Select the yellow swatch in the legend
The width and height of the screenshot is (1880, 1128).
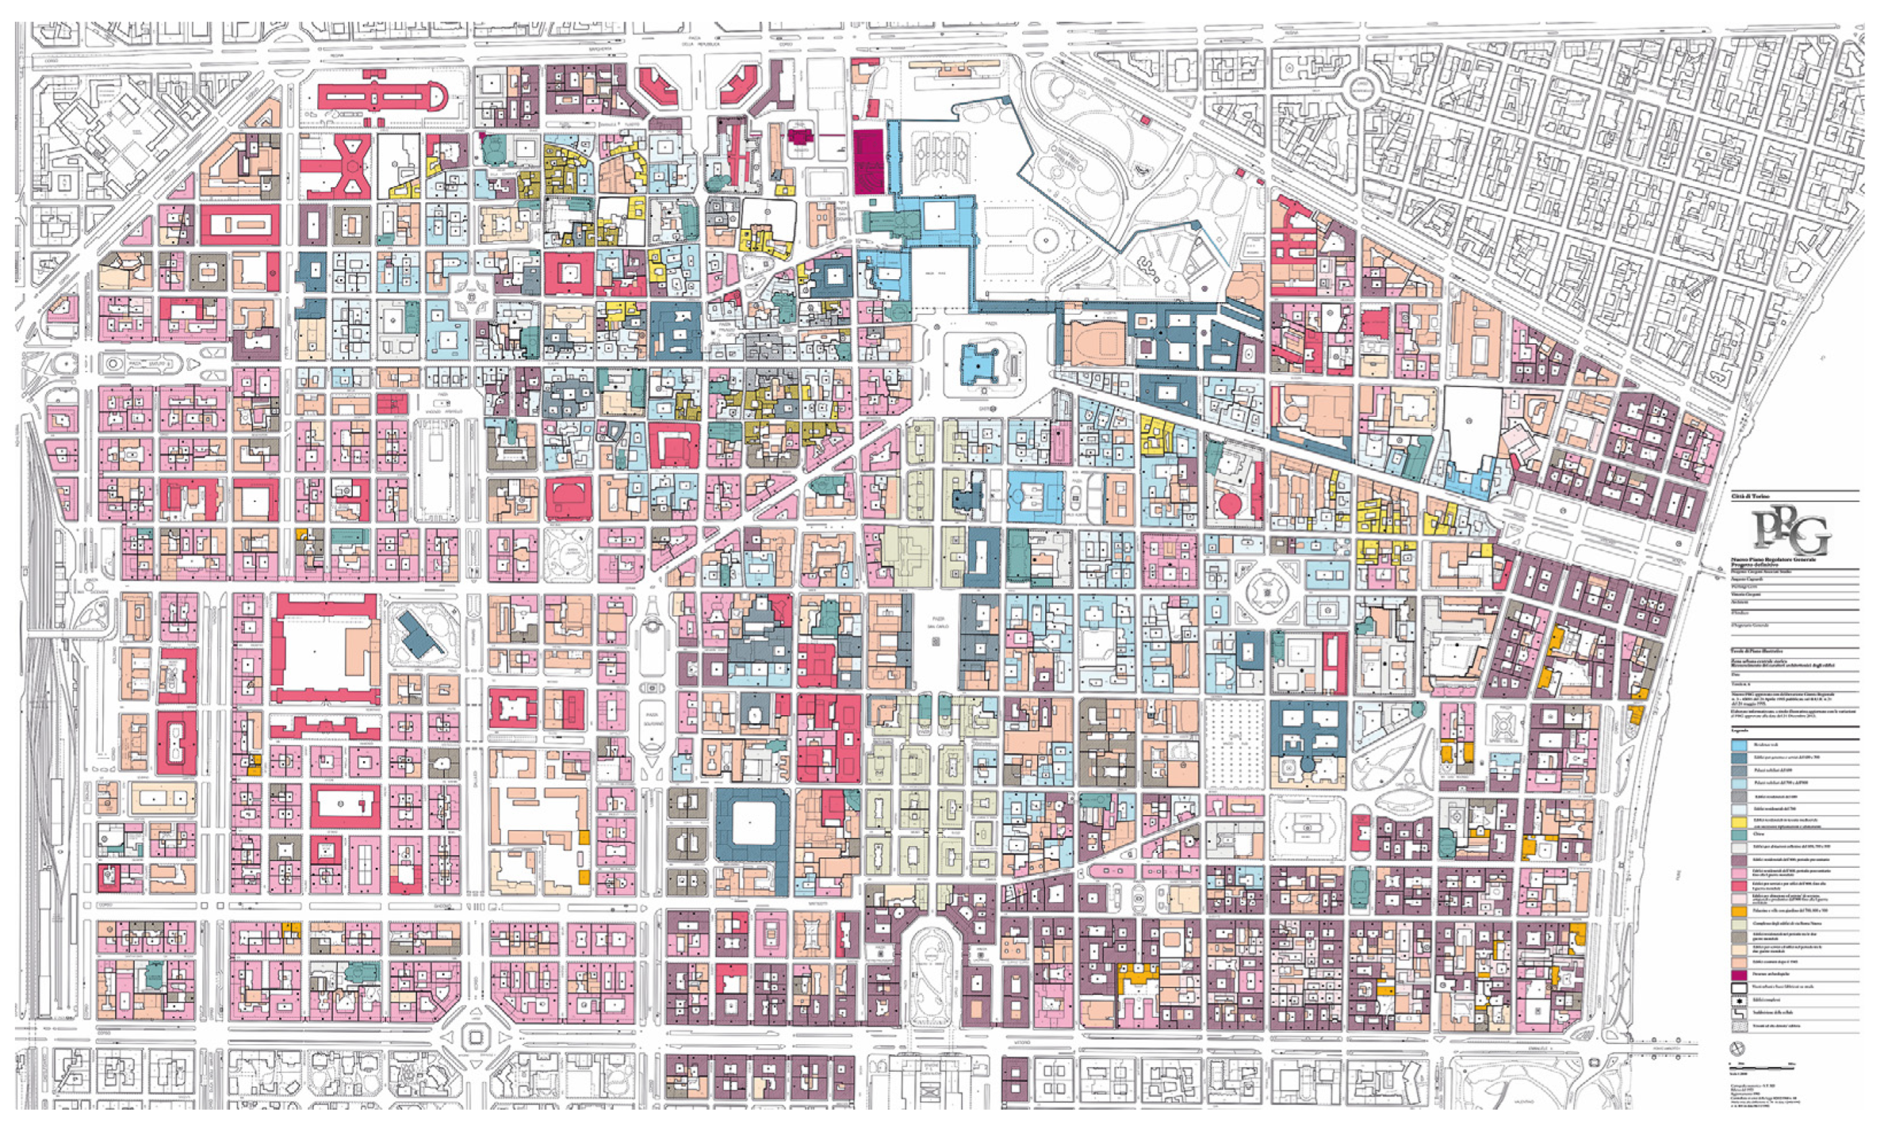[1739, 823]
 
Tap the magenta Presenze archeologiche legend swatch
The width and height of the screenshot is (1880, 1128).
[1739, 975]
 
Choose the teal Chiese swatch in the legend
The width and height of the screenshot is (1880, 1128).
[1739, 835]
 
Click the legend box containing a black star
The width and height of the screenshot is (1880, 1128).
[1739, 1000]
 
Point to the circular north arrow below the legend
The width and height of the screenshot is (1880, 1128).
[1738, 1048]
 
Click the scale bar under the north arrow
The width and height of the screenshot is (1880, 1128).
[1762, 1069]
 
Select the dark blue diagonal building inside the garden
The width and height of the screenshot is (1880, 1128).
[423, 635]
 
